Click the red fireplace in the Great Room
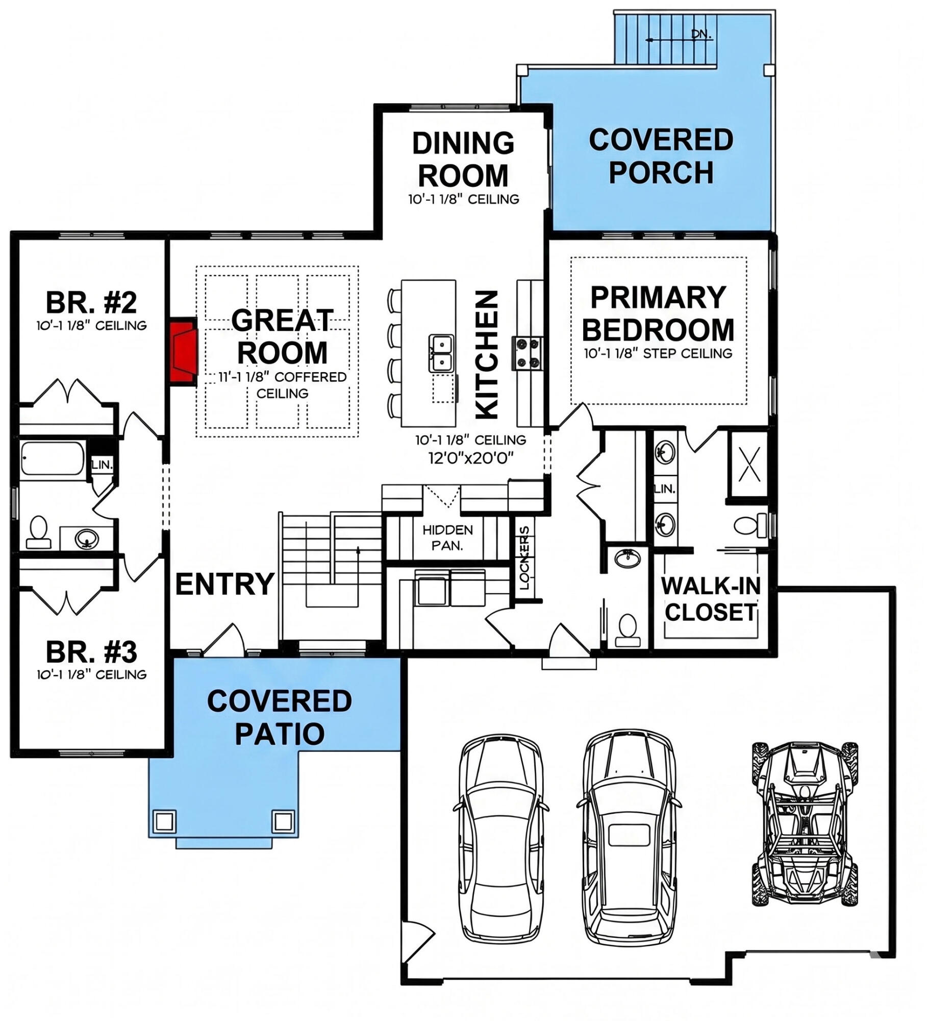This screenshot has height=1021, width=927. click(x=184, y=352)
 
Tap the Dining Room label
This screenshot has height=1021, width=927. click(x=463, y=159)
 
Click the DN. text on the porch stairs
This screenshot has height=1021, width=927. click(x=701, y=34)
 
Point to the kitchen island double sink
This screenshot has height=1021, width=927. click(x=442, y=353)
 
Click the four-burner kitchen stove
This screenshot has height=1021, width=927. click(x=529, y=353)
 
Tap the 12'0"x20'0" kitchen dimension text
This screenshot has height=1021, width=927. click(x=470, y=458)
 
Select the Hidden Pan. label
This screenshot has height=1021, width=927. click(x=447, y=538)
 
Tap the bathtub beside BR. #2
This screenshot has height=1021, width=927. click(x=53, y=458)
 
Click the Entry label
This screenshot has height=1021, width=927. click(x=225, y=584)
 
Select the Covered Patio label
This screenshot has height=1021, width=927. click(x=280, y=717)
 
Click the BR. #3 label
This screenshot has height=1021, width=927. click(x=91, y=652)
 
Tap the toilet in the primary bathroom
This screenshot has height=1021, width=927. click(x=750, y=525)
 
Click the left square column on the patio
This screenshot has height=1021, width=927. click(x=164, y=821)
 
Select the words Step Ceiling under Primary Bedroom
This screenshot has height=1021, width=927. click(x=687, y=353)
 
